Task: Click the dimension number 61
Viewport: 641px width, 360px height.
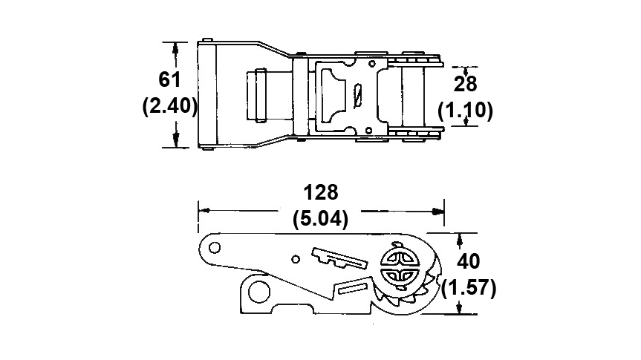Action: coord(169,79)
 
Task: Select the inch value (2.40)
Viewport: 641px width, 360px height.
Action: coord(169,106)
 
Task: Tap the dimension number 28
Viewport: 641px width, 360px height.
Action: coord(465,84)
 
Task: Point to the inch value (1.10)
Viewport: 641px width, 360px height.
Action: coord(465,111)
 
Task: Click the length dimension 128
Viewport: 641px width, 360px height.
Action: coord(321,192)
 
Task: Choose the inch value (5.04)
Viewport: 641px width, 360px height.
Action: coord(321,219)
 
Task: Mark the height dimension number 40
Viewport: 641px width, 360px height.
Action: coord(468,261)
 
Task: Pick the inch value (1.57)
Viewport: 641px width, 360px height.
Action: coord(469,288)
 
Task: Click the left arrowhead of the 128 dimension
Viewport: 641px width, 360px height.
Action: coord(204,211)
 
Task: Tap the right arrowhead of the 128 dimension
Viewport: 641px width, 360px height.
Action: coord(438,212)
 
